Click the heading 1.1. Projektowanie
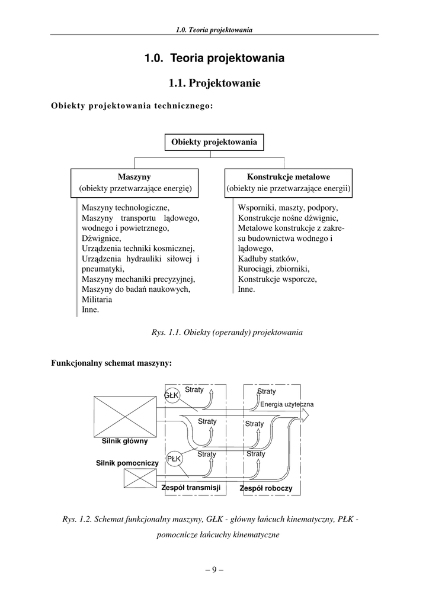pyautogui.click(x=214, y=83)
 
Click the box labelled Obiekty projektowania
pyautogui.click(x=214, y=142)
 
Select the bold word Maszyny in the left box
pyautogui.click(x=134, y=177)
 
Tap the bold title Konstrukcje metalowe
pyautogui.click(x=289, y=177)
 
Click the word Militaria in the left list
pyautogui.click(x=97, y=299)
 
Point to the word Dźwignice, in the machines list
pyautogui.click(x=101, y=238)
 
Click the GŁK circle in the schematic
pyautogui.click(x=172, y=395)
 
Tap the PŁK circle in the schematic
pyautogui.click(x=174, y=459)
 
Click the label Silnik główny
pyautogui.click(x=124, y=441)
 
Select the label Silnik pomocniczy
pyautogui.click(x=127, y=462)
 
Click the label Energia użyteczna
pyautogui.click(x=287, y=404)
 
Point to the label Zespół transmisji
pyautogui.click(x=191, y=488)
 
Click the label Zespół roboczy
pyautogui.click(x=265, y=489)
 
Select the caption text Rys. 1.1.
pyautogui.click(x=166, y=333)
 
